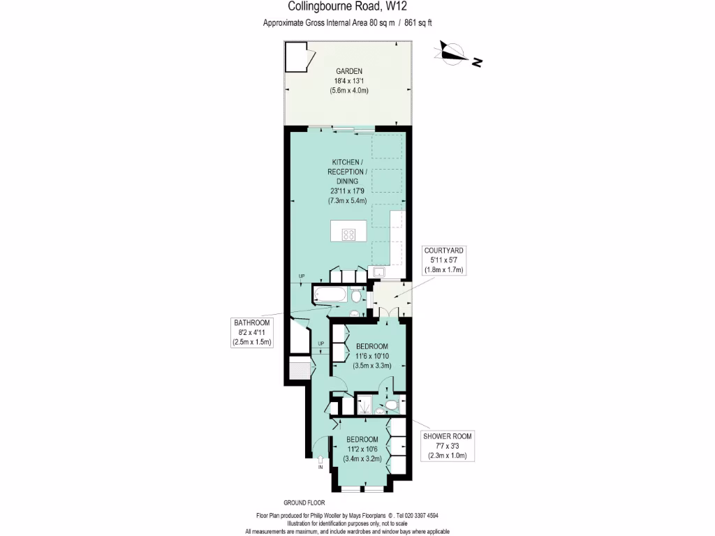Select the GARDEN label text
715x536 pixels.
(x=349, y=71)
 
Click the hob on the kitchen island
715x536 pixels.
(x=348, y=234)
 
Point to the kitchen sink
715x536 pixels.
(x=379, y=271)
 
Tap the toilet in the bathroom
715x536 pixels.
(x=355, y=296)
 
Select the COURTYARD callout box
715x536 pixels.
(x=443, y=260)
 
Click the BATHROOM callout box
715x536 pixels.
(x=251, y=332)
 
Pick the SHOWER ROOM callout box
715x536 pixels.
(x=447, y=446)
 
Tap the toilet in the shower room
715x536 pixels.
(x=391, y=405)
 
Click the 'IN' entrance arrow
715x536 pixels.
(x=320, y=461)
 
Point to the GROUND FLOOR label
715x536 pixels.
(x=304, y=502)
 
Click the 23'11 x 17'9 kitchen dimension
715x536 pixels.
(x=347, y=191)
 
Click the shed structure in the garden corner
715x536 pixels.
(x=297, y=57)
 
